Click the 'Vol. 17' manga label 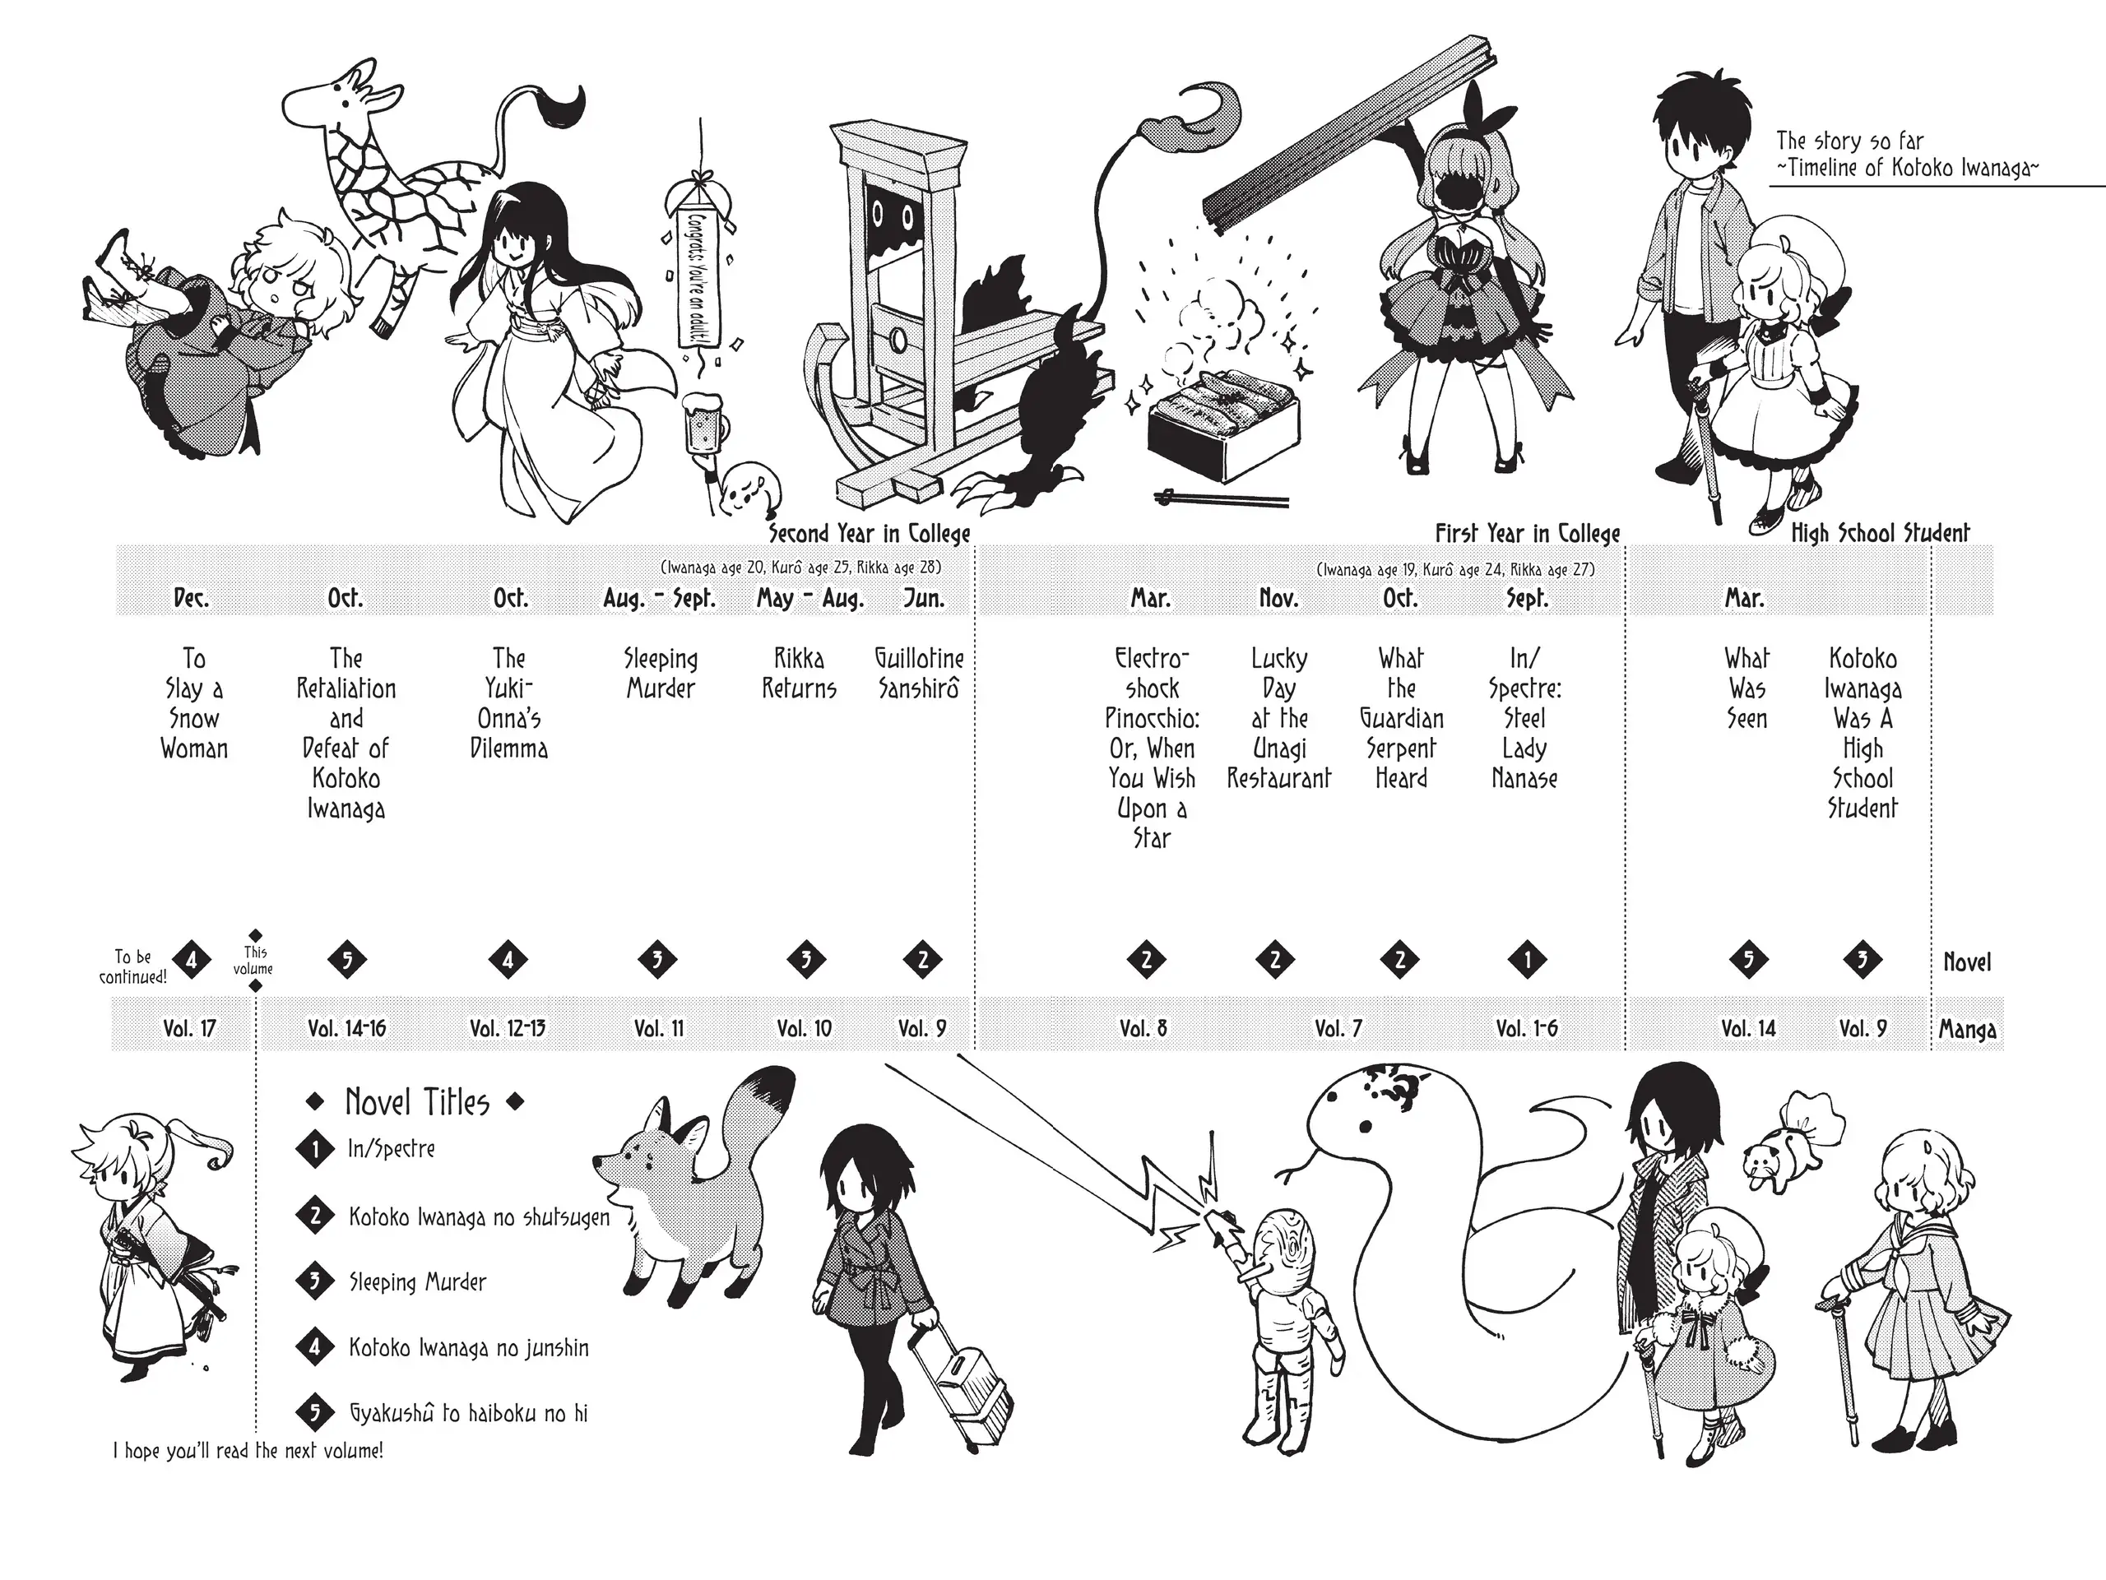(189, 1028)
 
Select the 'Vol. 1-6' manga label (1526, 1028)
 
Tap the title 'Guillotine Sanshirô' (920, 673)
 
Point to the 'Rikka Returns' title (799, 673)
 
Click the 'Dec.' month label (192, 598)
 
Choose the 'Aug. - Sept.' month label (659, 599)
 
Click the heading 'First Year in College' (1527, 533)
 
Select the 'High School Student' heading (1881, 533)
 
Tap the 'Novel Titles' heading (417, 1102)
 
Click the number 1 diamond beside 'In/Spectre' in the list (315, 1150)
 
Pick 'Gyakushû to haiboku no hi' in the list (468, 1413)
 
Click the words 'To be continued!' (133, 966)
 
